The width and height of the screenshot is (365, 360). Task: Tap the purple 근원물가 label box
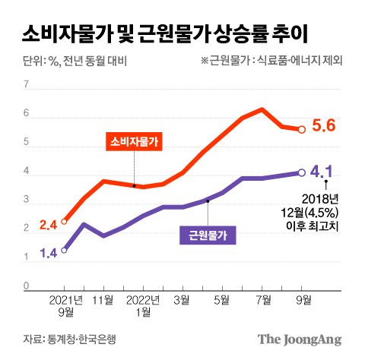[x=206, y=234]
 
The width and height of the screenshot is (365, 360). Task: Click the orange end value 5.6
[x=325, y=128]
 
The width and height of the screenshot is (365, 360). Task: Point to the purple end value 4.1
[x=324, y=172]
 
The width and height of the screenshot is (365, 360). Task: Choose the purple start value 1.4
[x=49, y=253]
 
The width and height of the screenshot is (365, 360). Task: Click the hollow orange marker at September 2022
[x=302, y=130]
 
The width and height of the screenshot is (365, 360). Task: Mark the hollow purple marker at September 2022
[x=302, y=172]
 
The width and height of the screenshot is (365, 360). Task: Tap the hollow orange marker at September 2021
[x=64, y=222]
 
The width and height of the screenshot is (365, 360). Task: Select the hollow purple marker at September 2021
[x=64, y=250]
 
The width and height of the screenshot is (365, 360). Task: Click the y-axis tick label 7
[x=26, y=85]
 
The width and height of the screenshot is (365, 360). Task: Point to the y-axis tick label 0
[x=26, y=286]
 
